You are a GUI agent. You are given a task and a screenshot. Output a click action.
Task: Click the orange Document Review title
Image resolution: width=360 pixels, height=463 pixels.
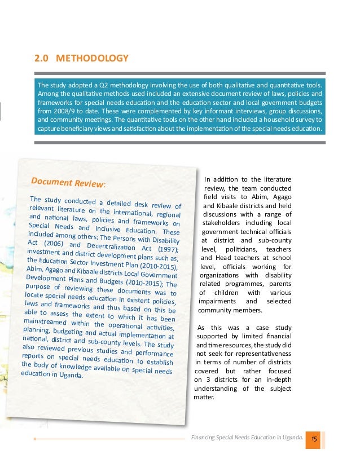pyautogui.click(x=68, y=183)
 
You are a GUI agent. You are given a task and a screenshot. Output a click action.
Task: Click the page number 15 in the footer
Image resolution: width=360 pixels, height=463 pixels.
pyautogui.click(x=314, y=438)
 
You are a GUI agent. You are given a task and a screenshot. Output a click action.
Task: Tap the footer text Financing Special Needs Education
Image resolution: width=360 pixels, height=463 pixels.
pyautogui.click(x=241, y=438)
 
